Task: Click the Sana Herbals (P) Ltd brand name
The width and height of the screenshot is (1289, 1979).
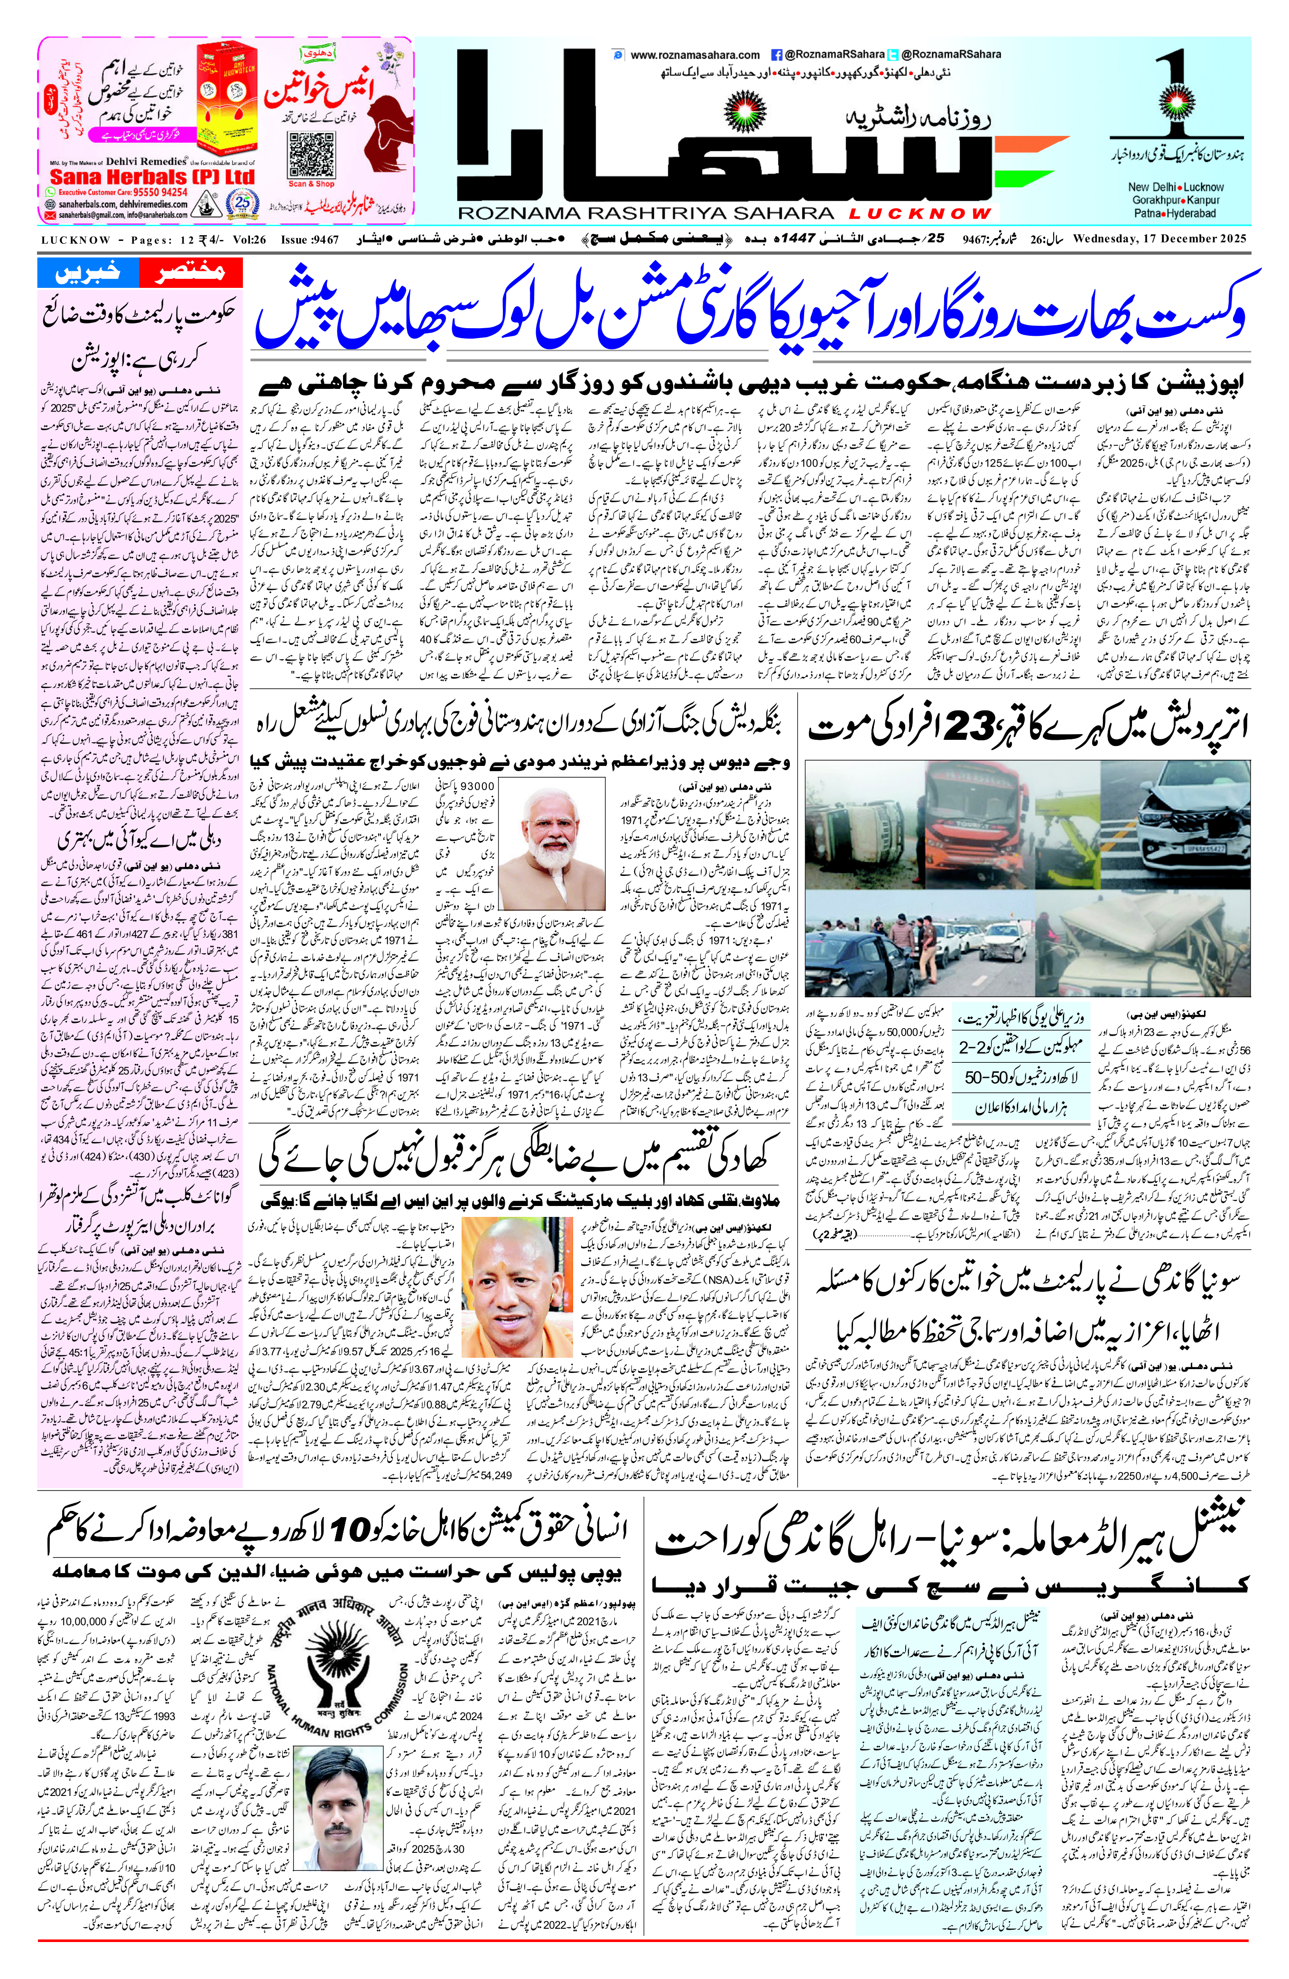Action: tap(152, 177)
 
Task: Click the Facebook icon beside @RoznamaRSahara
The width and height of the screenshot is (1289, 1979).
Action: tap(776, 55)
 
